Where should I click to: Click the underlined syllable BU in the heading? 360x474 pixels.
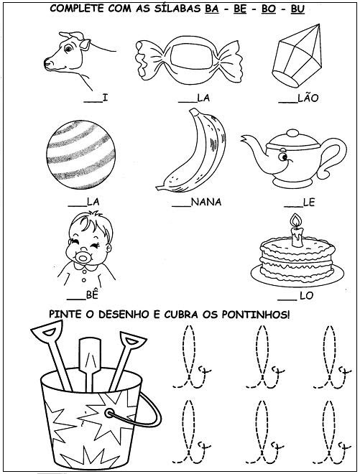point(297,9)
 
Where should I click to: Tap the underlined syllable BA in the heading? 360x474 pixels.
point(212,9)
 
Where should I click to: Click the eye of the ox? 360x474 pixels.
point(69,48)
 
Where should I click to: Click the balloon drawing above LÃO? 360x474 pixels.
point(297,55)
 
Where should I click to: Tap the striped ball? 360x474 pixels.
point(80,155)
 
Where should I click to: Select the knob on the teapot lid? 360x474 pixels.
point(292,133)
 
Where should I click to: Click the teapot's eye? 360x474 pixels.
point(283,157)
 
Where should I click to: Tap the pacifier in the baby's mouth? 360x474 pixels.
point(83,258)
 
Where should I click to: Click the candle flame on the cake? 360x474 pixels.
point(295,220)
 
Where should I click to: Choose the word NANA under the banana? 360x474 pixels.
point(206,202)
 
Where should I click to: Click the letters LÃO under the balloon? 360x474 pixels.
point(308,98)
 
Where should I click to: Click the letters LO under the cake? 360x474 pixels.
point(306,296)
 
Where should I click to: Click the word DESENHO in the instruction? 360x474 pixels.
point(124,315)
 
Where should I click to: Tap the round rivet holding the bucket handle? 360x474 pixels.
point(109,413)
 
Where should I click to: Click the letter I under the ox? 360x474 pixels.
point(105,98)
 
